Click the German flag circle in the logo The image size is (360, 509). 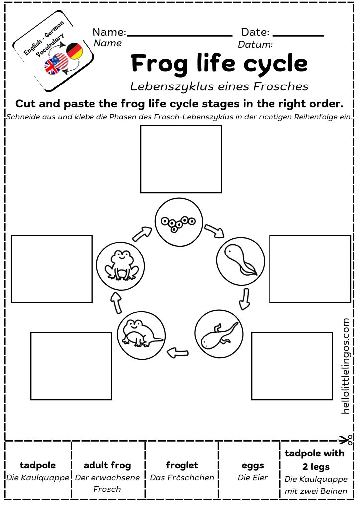click(74, 51)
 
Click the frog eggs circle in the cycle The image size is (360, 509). click(176, 221)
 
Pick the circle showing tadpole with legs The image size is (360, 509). click(219, 334)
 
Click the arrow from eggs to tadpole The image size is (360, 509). click(215, 229)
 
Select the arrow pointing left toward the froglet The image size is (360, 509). click(178, 353)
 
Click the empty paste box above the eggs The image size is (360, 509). click(181, 159)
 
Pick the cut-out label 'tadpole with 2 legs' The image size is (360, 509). click(314, 460)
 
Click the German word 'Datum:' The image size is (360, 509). click(255, 45)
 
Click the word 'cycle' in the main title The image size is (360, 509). click(279, 64)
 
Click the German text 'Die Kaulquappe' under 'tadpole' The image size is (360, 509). click(38, 478)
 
